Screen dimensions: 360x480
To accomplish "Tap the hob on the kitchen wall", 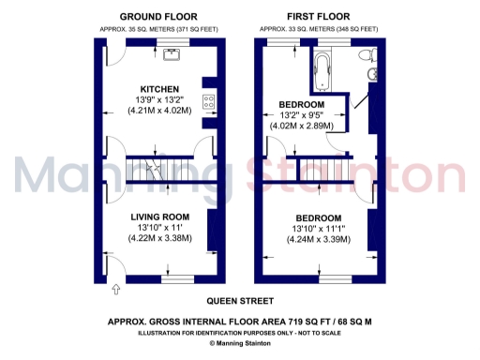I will click(209, 102).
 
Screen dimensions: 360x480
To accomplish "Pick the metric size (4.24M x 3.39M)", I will click(307, 239).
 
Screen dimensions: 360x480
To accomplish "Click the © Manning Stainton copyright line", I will click(239, 344).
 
